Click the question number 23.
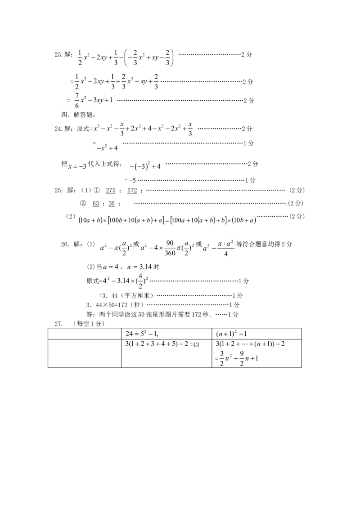[x=58, y=55]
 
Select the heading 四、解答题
[x=78, y=115]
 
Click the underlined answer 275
[x=110, y=191]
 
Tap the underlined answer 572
[x=132, y=191]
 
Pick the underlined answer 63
[x=95, y=204]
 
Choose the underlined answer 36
[x=112, y=204]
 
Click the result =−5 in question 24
[x=130, y=180]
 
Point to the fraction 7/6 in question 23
[x=76, y=101]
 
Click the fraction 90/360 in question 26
[x=170, y=248]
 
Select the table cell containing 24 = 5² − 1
[x=166, y=334]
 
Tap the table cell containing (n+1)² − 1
[x=256, y=334]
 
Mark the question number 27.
[x=58, y=324]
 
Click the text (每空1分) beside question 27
[x=89, y=324]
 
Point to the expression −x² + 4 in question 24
[x=107, y=148]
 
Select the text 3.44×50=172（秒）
[x=115, y=305]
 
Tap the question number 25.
[x=58, y=191]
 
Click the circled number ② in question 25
[x=83, y=204]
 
